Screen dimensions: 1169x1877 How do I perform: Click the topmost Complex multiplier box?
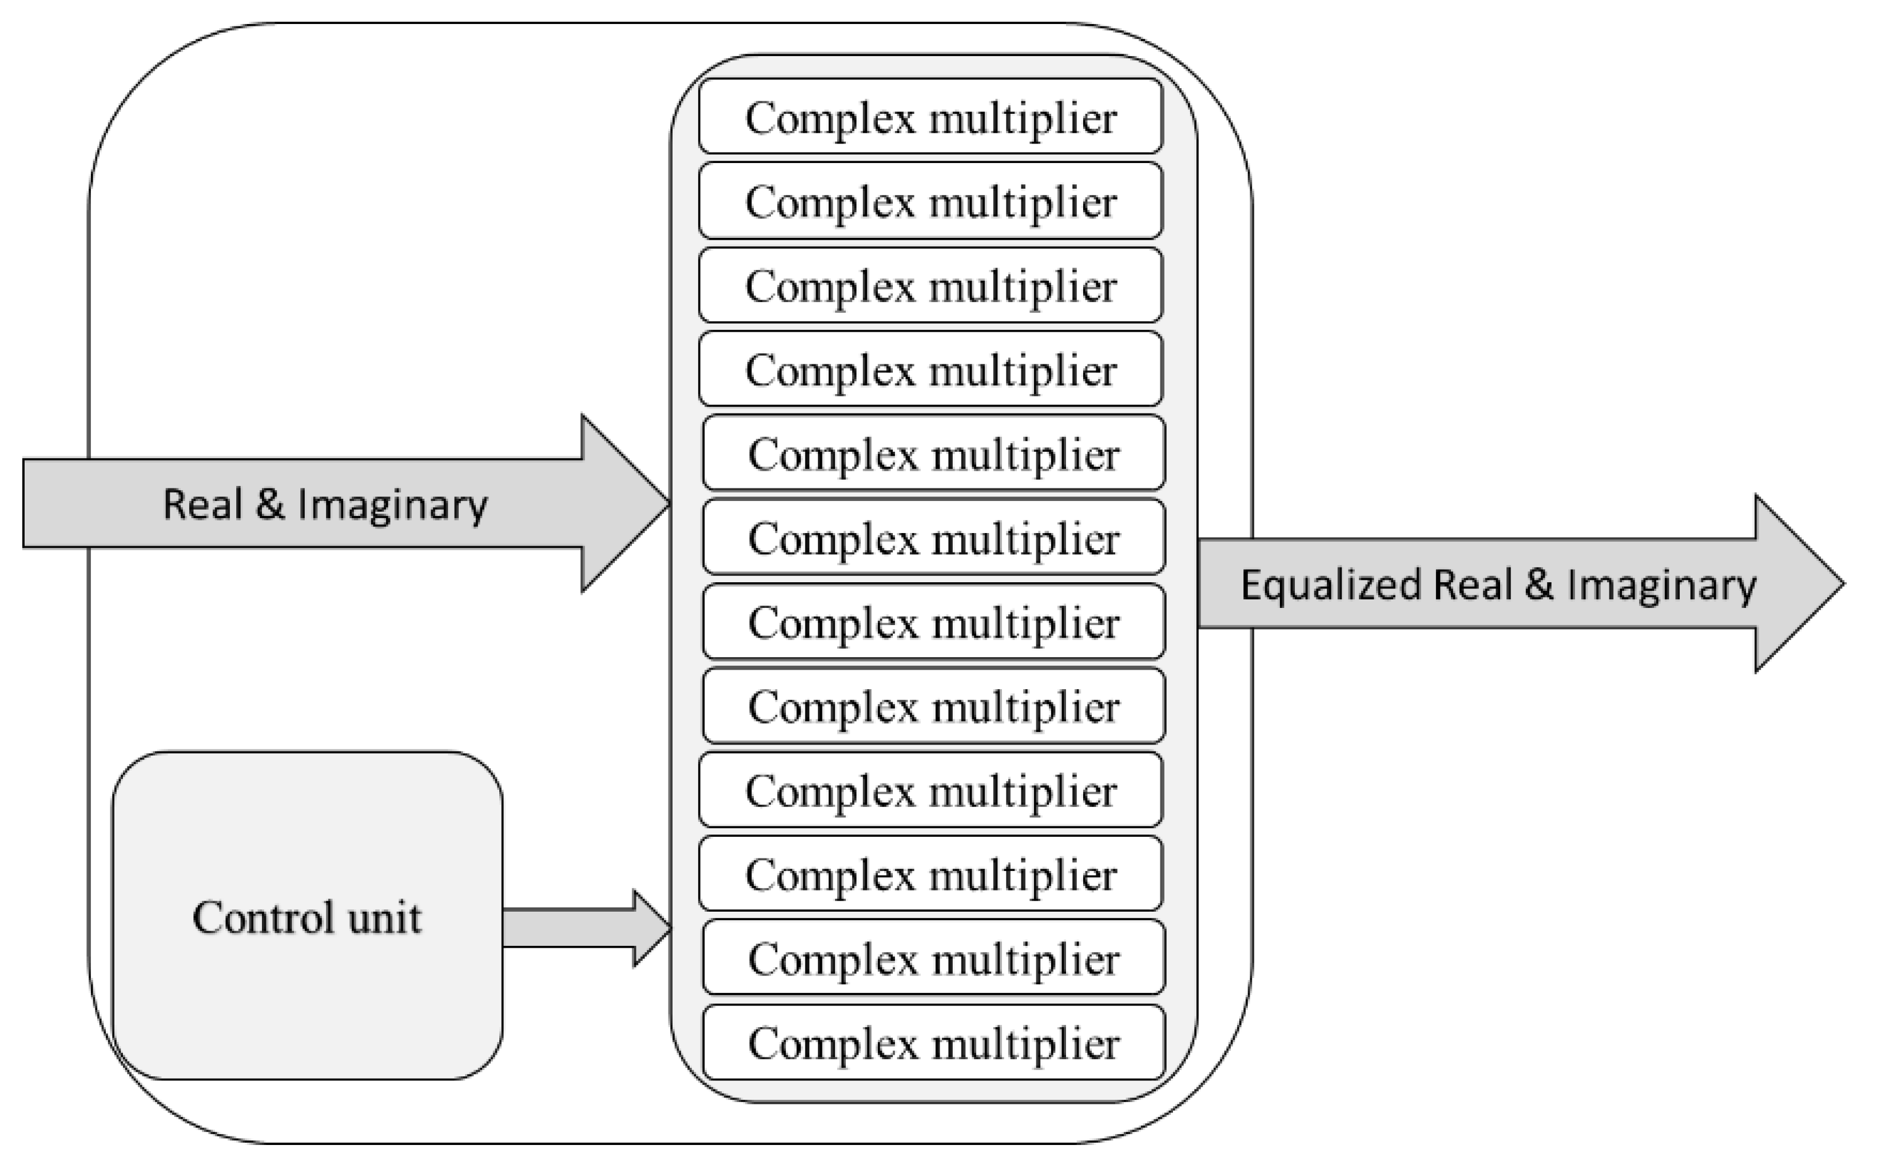(930, 117)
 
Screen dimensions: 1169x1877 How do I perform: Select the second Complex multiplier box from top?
(930, 201)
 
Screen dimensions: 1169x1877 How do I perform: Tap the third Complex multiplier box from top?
(930, 285)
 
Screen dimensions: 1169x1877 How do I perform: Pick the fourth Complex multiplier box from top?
(930, 369)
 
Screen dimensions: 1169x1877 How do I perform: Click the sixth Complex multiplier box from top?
(933, 538)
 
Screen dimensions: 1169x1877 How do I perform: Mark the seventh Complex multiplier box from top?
(933, 622)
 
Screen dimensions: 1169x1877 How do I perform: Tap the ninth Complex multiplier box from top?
(930, 791)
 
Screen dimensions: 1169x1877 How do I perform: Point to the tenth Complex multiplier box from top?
(930, 874)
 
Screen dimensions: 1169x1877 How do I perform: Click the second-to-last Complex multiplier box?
(933, 959)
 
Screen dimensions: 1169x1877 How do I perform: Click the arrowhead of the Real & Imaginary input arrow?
(622, 503)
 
